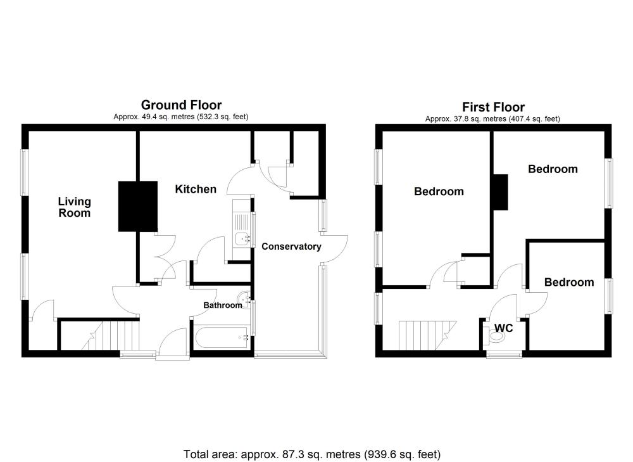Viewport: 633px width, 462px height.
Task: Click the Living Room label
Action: click(74, 207)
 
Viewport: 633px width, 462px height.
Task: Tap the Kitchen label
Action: click(196, 189)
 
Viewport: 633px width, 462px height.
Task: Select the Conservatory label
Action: click(291, 247)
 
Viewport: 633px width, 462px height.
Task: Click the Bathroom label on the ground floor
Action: click(222, 305)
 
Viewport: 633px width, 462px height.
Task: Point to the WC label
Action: click(503, 328)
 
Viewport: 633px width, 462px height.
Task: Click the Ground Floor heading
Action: click(181, 105)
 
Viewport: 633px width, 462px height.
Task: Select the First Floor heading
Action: click(493, 107)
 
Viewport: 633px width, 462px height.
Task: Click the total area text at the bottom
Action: click(311, 454)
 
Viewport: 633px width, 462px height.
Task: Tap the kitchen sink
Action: click(242, 230)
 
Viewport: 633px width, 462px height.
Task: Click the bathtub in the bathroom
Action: click(222, 337)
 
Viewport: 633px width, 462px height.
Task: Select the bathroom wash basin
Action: click(244, 297)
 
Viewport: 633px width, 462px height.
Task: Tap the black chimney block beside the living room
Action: click(137, 206)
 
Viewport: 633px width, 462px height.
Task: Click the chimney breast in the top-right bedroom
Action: click(500, 192)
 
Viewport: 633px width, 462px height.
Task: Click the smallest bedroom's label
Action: click(568, 283)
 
